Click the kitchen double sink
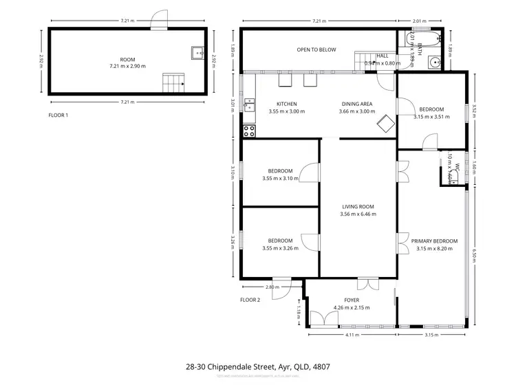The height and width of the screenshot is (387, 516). click(x=249, y=106)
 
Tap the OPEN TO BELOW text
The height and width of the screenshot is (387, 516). click(x=316, y=49)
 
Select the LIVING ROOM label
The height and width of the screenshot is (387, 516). click(x=358, y=206)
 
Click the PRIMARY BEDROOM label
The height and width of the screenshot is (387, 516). click(x=434, y=241)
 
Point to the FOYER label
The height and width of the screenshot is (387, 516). click(x=351, y=300)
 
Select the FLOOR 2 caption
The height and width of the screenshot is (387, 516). click(x=250, y=300)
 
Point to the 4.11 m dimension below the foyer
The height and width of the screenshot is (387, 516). click(x=352, y=335)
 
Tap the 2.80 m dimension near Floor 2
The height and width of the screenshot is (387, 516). click(x=270, y=287)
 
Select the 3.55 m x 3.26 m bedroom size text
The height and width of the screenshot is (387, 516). click(x=280, y=248)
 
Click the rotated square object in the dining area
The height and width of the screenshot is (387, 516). click(x=384, y=124)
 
